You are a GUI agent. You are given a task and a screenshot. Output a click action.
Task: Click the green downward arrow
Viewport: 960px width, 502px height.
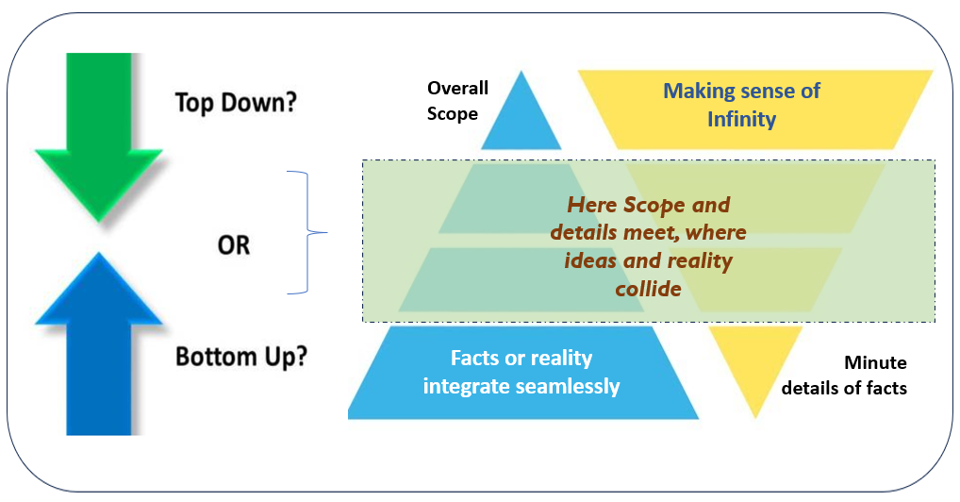(x=99, y=135)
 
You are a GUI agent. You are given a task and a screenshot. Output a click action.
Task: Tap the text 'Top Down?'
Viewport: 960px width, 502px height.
(x=236, y=102)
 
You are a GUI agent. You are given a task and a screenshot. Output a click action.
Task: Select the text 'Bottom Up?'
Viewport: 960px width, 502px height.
(x=241, y=356)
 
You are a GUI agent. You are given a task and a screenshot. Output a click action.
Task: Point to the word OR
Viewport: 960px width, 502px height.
(x=234, y=245)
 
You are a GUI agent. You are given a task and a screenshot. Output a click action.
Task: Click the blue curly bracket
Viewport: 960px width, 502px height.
(x=307, y=233)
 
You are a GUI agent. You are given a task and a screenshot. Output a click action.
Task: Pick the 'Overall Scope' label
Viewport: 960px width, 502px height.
(x=457, y=101)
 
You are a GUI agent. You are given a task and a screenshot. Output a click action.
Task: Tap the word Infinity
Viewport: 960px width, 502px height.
(x=741, y=118)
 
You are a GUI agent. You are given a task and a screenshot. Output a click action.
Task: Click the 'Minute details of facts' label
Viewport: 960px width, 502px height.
(x=844, y=376)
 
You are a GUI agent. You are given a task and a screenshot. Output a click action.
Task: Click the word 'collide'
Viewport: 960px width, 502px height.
(x=649, y=289)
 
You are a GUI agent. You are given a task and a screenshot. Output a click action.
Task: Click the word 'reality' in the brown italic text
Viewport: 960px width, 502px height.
(x=700, y=261)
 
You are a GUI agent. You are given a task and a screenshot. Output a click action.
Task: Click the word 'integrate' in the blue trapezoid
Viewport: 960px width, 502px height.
(x=466, y=387)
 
